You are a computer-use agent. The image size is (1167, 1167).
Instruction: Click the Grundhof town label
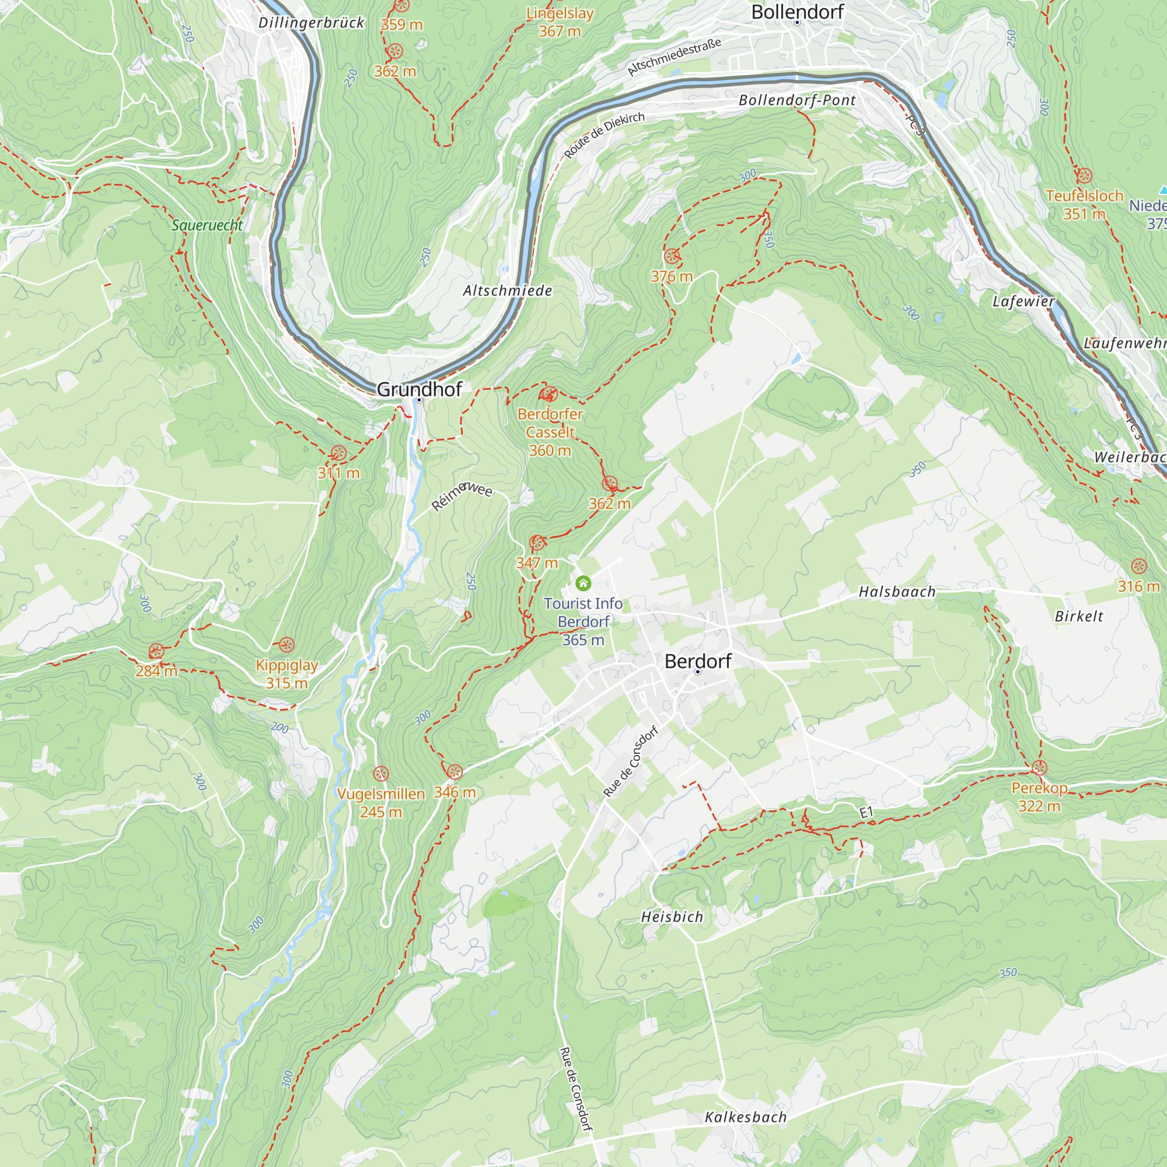tap(419, 390)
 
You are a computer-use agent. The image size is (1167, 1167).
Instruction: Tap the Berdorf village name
tap(698, 662)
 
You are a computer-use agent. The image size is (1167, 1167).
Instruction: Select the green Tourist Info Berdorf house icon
tap(583, 583)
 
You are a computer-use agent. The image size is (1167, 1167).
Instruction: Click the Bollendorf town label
tap(796, 12)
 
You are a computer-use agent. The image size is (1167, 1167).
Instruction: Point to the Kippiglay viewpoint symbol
tap(286, 645)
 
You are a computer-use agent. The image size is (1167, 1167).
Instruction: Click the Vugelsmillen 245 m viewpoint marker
tap(380, 774)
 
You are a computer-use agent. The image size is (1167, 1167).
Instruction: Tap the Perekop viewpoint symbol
tap(1039, 768)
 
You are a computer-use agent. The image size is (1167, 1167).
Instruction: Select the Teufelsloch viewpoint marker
tap(1084, 176)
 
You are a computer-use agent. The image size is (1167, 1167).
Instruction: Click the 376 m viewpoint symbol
tap(671, 257)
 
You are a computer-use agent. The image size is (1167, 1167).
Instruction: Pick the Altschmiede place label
tap(508, 291)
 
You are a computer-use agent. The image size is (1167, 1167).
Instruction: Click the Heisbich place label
tap(672, 917)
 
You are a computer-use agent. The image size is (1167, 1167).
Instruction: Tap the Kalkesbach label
tap(745, 1117)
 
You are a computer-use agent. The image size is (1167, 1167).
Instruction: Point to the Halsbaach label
tap(897, 592)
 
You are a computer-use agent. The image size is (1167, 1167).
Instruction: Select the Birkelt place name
tap(1079, 616)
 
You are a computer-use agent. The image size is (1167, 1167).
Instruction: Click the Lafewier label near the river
tap(1023, 301)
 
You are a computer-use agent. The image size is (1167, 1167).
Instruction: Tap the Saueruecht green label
tap(207, 225)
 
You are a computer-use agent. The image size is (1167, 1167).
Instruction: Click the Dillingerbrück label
tap(311, 23)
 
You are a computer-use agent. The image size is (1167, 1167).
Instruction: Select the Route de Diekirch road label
tap(604, 135)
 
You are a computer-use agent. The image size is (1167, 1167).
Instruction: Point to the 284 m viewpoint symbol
tap(156, 651)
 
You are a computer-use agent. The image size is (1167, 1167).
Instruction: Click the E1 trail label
tap(866, 813)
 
